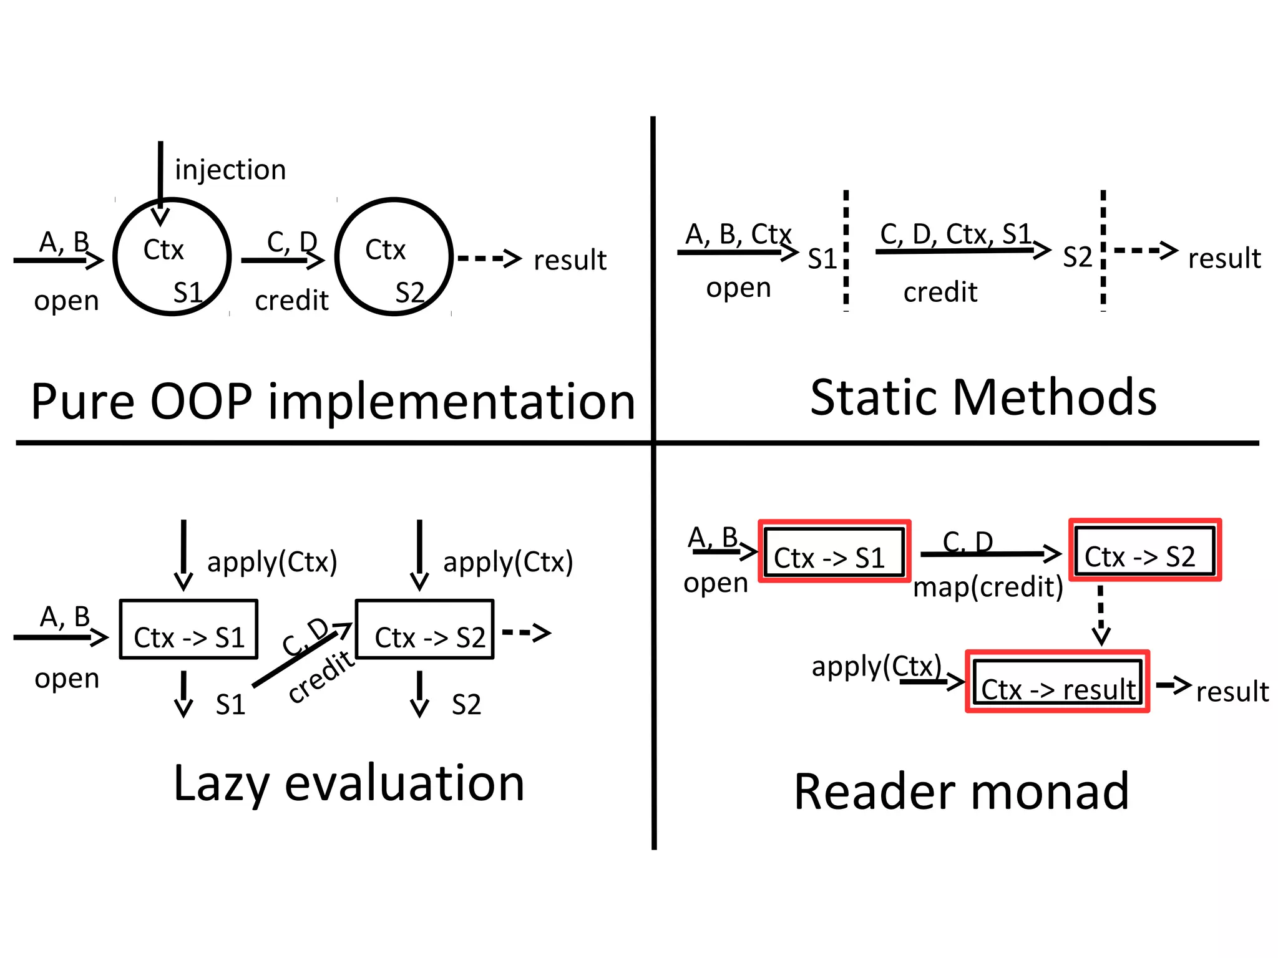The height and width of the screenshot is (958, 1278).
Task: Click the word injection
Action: click(230, 170)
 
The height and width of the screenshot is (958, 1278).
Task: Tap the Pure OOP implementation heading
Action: click(333, 402)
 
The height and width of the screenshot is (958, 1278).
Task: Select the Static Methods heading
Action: click(983, 397)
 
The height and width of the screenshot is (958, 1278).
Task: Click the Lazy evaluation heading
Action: click(349, 784)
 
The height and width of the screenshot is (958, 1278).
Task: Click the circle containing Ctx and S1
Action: click(172, 257)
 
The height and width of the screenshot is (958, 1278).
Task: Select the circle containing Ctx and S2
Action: click(394, 257)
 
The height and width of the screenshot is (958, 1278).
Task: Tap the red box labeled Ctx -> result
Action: click(1057, 682)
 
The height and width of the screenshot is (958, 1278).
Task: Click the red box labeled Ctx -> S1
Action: click(834, 551)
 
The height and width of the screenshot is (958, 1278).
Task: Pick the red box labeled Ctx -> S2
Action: click(1145, 550)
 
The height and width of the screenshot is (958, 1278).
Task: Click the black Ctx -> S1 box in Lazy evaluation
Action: click(188, 629)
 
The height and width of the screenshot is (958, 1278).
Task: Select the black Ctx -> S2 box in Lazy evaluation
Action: click(424, 629)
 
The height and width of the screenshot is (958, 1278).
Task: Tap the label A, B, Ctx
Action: click(738, 235)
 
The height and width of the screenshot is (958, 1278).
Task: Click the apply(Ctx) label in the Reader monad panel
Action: click(876, 667)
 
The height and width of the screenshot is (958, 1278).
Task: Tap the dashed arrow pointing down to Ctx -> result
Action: click(1101, 614)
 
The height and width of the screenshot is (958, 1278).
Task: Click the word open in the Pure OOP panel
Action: click(67, 301)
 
